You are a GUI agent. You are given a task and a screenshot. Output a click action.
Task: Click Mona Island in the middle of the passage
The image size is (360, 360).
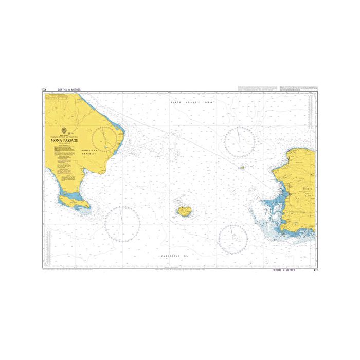click(184, 210)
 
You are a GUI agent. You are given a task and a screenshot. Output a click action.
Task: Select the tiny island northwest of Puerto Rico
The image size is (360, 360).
click(242, 167)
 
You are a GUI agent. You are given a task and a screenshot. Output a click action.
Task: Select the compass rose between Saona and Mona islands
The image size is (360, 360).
click(123, 224)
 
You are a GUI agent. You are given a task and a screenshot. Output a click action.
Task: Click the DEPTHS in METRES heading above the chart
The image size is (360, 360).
click(70, 89)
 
